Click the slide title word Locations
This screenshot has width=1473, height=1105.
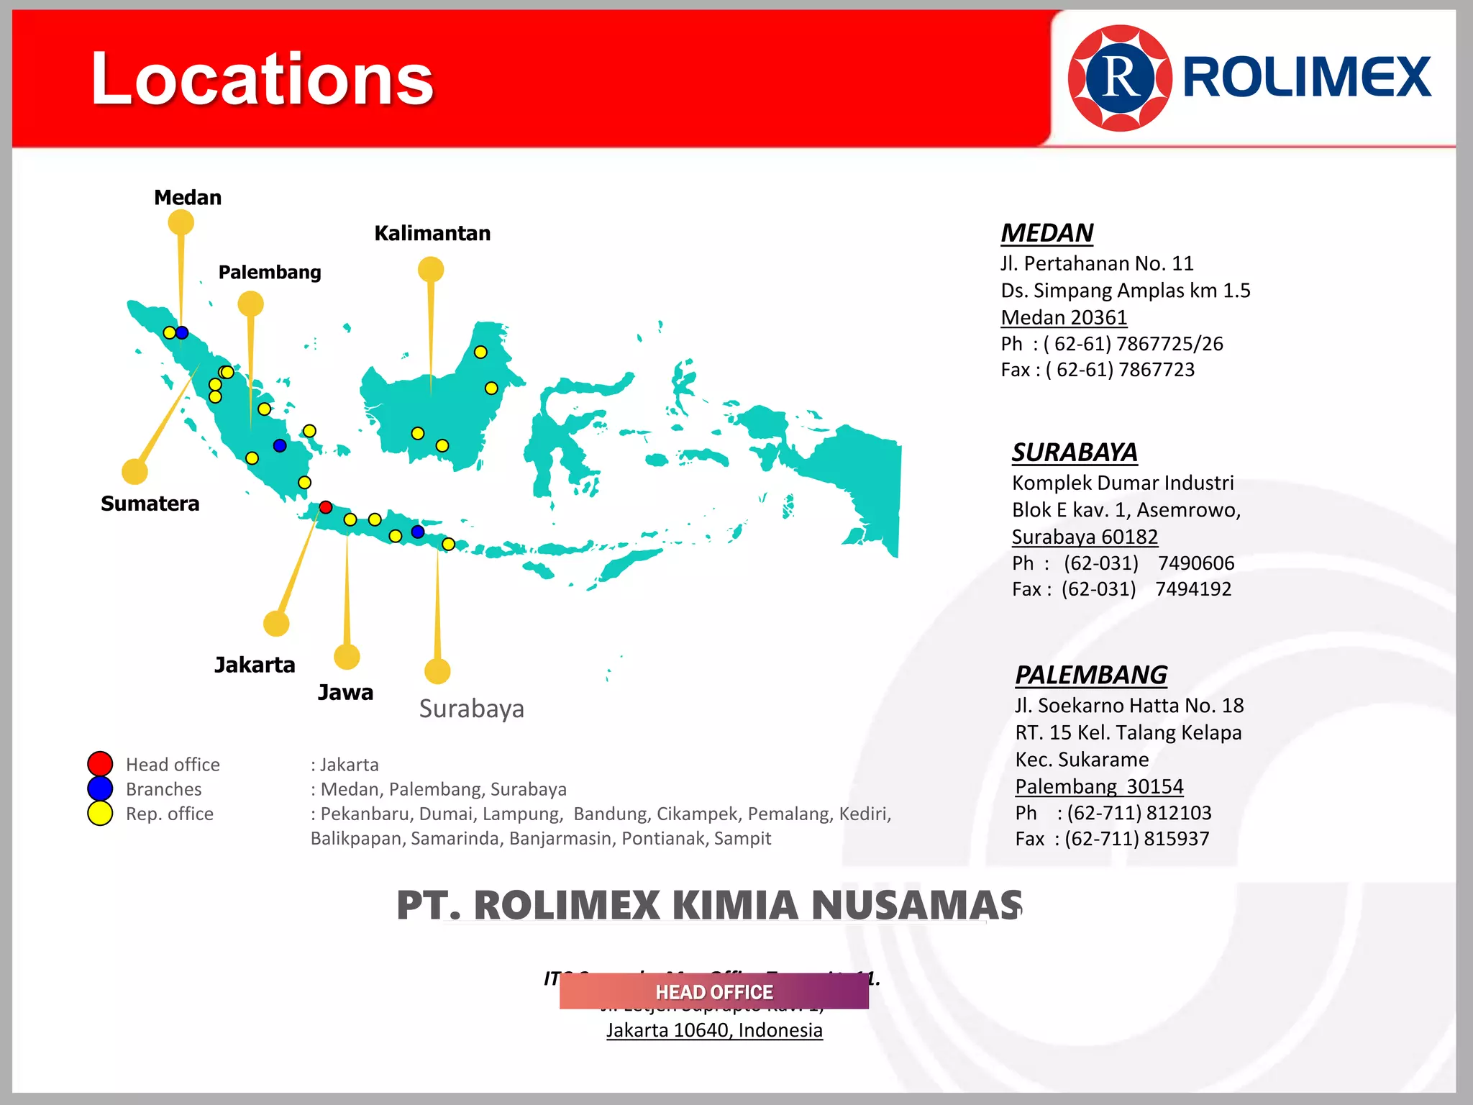[262, 78]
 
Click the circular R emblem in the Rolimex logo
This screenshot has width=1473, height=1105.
[1119, 78]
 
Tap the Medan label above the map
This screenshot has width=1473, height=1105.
[188, 198]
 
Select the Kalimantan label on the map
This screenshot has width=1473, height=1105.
[432, 234]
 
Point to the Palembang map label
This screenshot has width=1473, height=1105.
[270, 273]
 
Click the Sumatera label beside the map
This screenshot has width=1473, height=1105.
[150, 504]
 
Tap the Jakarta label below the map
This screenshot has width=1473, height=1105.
[255, 665]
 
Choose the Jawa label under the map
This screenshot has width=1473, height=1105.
[345, 693]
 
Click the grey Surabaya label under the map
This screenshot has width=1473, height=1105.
[471, 709]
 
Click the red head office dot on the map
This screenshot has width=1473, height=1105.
[326, 508]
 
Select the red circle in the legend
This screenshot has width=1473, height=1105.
[100, 764]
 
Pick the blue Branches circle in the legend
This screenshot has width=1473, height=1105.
[100, 788]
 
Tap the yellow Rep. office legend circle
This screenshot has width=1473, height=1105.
[100, 814]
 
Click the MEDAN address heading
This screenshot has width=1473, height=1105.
[1046, 233]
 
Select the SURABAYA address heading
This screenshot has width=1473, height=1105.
[1075, 453]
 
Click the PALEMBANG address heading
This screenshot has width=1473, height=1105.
[1090, 675]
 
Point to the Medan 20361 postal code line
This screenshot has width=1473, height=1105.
[1064, 317]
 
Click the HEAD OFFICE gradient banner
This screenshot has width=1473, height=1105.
[713, 992]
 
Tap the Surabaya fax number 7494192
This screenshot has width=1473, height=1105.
[1193, 589]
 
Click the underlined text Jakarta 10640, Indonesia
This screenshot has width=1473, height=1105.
[714, 1030]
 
